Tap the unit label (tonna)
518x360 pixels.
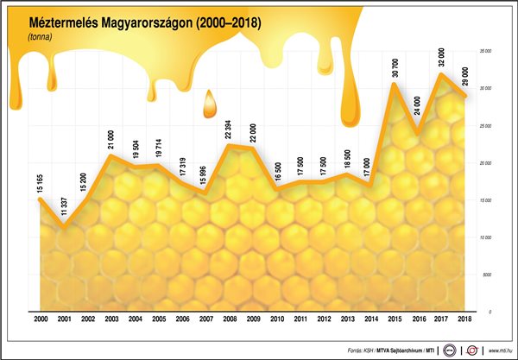40,38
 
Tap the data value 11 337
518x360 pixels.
64,207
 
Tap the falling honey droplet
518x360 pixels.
207,106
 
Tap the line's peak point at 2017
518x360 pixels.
441,74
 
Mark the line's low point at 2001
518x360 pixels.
64,227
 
